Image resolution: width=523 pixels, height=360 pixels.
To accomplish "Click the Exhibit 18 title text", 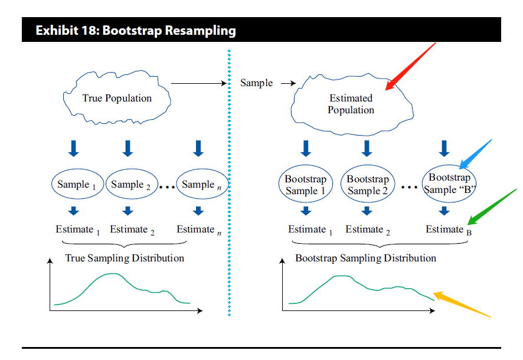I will point(135,30).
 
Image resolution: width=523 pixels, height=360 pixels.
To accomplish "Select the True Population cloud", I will point(117,98).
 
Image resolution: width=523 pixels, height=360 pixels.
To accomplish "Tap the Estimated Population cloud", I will point(351,104).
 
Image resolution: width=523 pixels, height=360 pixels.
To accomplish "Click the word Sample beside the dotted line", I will point(256,83).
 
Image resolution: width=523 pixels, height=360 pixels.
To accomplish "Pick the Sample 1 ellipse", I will point(77,185).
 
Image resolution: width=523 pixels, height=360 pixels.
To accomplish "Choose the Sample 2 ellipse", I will point(131,185).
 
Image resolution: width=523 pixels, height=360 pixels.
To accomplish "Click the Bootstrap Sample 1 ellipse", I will point(306,185).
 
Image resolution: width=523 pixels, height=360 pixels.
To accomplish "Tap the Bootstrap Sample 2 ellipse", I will point(368,185).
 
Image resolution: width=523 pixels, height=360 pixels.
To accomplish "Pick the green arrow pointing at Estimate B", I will point(492,207).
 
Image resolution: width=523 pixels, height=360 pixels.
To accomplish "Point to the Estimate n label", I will point(199,230).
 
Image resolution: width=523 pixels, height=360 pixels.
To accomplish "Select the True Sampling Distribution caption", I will point(125,258).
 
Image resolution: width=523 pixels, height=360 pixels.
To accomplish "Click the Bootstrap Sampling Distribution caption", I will point(365,258).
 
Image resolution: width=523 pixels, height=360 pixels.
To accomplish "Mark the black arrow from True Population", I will point(200,84).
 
